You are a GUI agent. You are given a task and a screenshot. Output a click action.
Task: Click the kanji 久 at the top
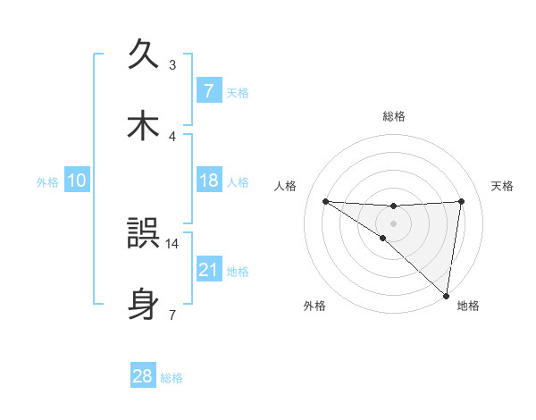click(x=143, y=54)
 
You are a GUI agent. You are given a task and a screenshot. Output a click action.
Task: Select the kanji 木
click(x=143, y=126)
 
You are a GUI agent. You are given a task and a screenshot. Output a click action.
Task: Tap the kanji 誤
click(x=143, y=234)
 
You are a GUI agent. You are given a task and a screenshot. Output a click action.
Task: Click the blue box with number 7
click(x=208, y=90)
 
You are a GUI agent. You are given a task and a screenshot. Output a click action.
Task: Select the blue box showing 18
click(x=208, y=181)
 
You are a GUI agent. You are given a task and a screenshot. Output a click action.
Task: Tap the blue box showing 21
click(x=208, y=269)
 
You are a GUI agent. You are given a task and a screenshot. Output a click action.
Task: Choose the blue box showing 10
click(x=76, y=181)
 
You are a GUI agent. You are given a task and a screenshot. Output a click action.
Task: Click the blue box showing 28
click(x=143, y=376)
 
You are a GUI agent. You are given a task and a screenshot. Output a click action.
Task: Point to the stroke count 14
click(x=172, y=242)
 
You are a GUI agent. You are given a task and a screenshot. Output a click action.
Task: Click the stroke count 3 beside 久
click(x=172, y=64)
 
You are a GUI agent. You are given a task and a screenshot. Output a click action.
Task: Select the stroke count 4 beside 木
click(x=172, y=136)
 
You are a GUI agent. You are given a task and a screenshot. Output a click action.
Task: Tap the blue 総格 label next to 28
click(x=172, y=378)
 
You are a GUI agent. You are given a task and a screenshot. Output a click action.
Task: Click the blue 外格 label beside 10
click(x=47, y=181)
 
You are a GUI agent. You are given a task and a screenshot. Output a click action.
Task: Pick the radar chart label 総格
click(x=394, y=116)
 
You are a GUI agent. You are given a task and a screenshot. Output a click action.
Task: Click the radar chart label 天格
click(x=502, y=186)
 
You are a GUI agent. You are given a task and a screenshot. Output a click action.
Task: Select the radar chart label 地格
click(x=468, y=306)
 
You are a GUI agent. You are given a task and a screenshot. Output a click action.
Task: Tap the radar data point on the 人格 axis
click(x=325, y=201)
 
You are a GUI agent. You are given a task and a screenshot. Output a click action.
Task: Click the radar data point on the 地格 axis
click(x=446, y=295)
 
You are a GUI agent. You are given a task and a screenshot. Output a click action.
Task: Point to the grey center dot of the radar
click(x=394, y=223)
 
